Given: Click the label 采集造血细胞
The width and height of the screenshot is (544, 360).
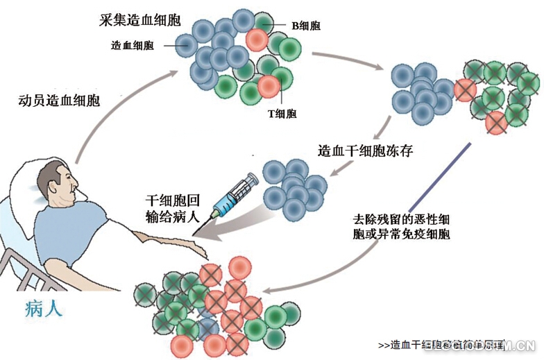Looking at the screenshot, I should [x=139, y=19].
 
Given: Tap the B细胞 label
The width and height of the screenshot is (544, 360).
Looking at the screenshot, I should [x=305, y=26].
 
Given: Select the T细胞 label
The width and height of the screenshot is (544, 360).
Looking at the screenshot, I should [x=282, y=113].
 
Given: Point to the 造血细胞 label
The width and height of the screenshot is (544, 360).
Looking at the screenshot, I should [x=133, y=45].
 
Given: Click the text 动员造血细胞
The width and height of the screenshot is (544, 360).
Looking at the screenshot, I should [x=59, y=100].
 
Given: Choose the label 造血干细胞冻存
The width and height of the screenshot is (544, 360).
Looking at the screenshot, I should [x=366, y=151].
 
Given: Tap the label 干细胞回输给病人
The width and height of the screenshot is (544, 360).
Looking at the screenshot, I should [x=173, y=207].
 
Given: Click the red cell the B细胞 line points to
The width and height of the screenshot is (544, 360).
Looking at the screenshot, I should [x=256, y=40].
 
